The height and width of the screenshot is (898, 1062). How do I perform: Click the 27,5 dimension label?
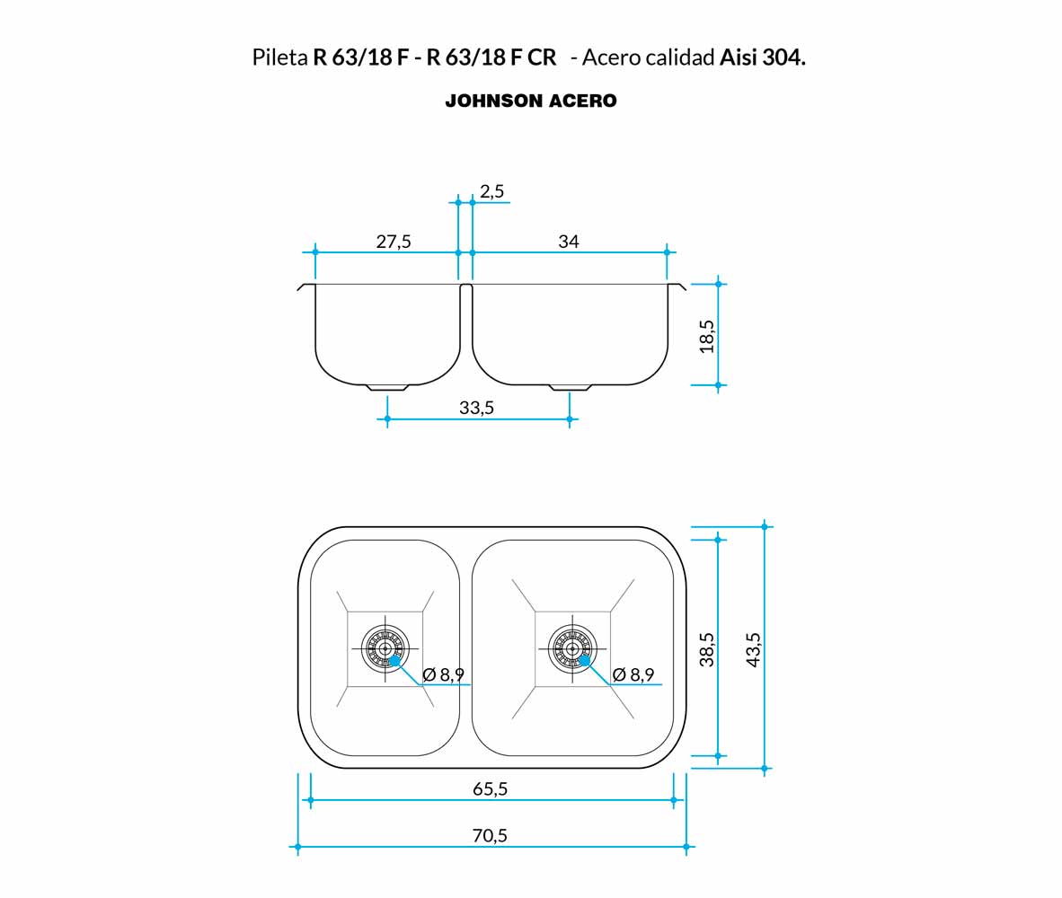tap(394, 242)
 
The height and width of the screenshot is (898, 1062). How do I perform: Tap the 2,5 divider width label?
tap(491, 191)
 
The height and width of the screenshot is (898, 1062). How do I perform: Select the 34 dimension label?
tap(568, 242)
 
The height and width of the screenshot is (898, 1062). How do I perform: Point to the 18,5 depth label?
tap(706, 337)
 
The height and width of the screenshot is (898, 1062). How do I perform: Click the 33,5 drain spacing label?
tap(476, 408)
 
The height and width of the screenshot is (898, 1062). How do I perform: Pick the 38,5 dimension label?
tap(706, 649)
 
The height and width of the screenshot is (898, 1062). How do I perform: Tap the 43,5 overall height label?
tap(753, 649)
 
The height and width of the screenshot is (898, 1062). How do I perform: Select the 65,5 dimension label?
tap(490, 789)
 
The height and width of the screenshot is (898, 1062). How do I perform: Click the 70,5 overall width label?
tap(490, 836)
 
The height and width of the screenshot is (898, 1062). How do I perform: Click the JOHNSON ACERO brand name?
tap(531, 101)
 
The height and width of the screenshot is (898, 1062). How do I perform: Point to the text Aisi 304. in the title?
tap(763, 57)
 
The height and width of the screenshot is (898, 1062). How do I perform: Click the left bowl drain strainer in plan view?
tap(385, 648)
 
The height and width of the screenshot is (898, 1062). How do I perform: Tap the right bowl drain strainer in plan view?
tap(573, 648)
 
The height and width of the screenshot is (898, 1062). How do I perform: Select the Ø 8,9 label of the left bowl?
tap(444, 674)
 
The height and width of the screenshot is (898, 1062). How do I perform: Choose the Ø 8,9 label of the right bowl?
tap(633, 674)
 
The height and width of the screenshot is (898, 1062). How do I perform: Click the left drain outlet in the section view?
tap(387, 388)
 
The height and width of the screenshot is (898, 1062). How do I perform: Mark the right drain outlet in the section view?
tap(571, 388)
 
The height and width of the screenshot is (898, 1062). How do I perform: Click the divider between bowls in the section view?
tap(466, 318)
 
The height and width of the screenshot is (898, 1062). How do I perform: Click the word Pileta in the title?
tap(279, 57)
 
